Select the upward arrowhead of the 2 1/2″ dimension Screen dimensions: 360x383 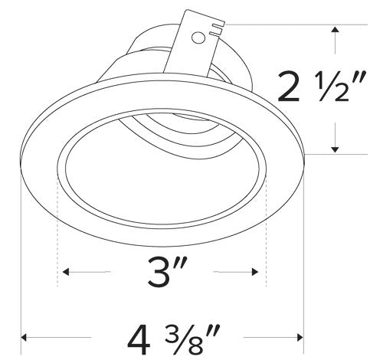coord(335,30)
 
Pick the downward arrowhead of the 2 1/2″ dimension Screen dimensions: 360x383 coord(335,148)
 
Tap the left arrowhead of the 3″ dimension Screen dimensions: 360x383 coord(66,272)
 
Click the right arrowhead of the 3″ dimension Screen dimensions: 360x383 coord(254,272)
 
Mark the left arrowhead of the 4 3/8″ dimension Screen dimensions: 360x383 coord(25,336)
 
